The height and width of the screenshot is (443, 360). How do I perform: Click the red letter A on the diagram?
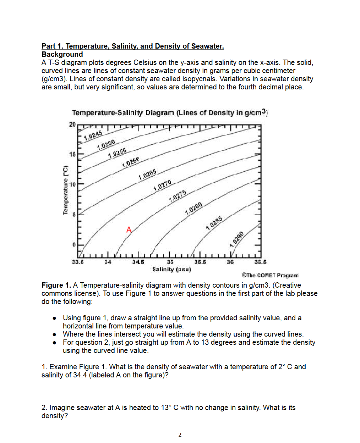129,230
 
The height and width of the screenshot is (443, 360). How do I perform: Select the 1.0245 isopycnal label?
93,135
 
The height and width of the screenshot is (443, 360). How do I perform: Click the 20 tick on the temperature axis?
72,124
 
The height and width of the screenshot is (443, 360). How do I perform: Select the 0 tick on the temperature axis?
74,245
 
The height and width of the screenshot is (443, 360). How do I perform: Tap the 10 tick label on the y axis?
72,184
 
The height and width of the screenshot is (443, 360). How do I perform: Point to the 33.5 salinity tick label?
78,262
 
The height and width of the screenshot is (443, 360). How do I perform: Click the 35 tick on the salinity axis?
170,262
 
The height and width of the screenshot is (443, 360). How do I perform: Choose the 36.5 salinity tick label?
260,262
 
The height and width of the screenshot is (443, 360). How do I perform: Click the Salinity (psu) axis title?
171,269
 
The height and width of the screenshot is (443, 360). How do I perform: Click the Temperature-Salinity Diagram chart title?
170,113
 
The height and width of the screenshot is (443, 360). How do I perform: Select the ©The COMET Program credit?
270,275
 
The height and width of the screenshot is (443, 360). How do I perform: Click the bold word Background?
62,54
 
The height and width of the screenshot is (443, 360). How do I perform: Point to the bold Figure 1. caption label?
56,285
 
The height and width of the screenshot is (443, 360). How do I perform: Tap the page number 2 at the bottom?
180,434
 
